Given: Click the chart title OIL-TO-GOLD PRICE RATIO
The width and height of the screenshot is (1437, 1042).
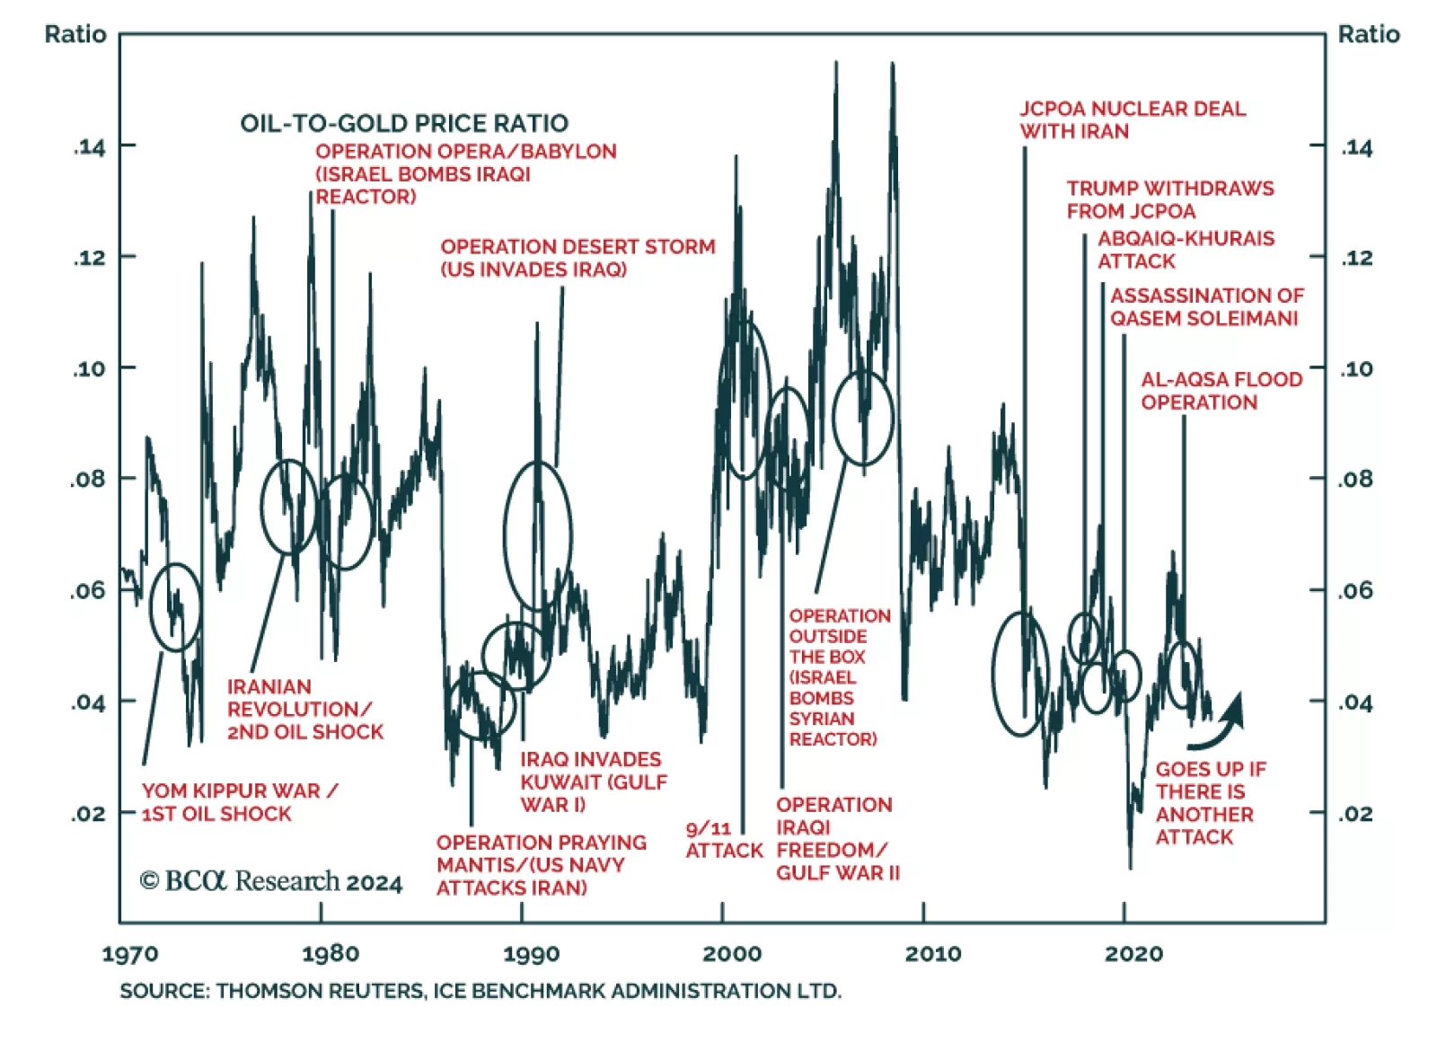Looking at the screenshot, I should tap(403, 123).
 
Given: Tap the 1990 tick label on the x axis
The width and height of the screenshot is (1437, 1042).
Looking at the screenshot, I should tap(531, 954).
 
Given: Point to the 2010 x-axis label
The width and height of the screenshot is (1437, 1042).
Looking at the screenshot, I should tap(932, 954).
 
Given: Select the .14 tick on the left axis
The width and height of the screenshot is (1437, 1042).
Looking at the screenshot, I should tap(89, 147).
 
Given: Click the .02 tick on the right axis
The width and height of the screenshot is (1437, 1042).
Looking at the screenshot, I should tap(1356, 814).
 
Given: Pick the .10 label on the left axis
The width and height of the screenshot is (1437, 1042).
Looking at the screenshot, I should tap(89, 368).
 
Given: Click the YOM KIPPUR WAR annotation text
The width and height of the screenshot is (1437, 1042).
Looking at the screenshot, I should tap(239, 802).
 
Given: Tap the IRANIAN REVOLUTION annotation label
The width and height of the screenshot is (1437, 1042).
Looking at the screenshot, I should tap(304, 710).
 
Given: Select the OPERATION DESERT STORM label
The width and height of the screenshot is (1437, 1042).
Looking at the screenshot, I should tap(577, 258).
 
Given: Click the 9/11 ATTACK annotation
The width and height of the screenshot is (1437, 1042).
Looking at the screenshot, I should tap(723, 840).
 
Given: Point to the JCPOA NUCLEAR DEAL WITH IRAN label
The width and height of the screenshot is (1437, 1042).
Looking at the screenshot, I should tap(1132, 119).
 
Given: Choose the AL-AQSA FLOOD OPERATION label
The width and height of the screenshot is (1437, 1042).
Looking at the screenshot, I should tap(1221, 391).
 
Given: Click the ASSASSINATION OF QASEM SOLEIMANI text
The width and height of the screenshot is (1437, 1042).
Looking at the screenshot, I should tap(1206, 306).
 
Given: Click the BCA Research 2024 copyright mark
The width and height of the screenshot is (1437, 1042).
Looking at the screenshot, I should tap(270, 881).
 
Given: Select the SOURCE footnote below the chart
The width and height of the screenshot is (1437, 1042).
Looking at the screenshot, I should tap(480, 991).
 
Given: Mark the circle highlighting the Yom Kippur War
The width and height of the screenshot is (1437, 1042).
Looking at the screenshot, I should tap(175, 607).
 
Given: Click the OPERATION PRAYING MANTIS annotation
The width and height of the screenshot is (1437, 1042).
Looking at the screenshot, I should tap(541, 864).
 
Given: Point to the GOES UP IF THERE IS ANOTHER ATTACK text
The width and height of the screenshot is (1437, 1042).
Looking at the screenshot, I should tap(1210, 802).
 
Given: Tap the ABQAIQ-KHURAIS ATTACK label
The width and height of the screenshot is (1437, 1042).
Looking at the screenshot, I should tap(1185, 250).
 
